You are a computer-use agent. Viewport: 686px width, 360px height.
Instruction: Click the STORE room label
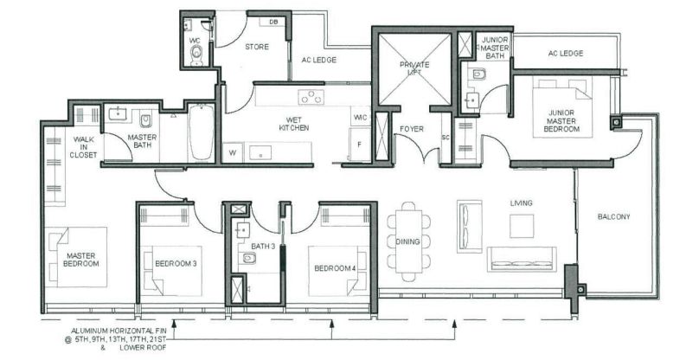[256, 47]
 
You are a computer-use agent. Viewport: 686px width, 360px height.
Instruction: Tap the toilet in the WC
[197, 54]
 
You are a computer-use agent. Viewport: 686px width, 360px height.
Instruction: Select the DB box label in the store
[273, 22]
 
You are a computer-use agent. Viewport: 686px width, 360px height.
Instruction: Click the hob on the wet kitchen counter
[311, 97]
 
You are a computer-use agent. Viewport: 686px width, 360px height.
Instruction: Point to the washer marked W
[233, 153]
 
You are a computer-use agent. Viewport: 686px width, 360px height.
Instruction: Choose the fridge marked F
[360, 145]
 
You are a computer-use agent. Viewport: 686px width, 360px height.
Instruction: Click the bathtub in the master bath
[201, 132]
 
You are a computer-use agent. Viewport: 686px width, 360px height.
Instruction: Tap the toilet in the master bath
[145, 120]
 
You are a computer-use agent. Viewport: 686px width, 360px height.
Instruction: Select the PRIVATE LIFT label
[414, 68]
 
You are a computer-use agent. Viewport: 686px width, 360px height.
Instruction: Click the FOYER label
[412, 129]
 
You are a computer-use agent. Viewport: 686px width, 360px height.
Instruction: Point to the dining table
[408, 241]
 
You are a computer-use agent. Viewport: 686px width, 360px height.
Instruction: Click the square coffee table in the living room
[522, 226]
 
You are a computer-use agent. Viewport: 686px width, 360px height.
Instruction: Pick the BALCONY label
[614, 216]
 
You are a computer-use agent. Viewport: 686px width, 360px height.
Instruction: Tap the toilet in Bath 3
[248, 259]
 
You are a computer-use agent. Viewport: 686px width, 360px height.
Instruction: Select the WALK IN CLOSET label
[83, 147]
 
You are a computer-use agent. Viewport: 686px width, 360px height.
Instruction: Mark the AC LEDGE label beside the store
[319, 60]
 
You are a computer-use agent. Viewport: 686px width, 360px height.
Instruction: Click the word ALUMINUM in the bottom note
[89, 331]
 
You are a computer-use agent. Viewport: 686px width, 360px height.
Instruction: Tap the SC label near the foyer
[446, 137]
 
